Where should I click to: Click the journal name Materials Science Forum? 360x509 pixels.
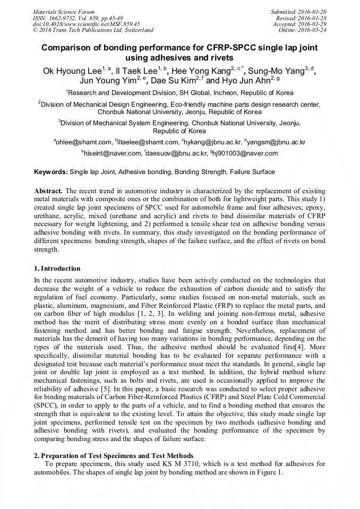point(64,11)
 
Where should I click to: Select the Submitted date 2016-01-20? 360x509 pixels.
point(313,11)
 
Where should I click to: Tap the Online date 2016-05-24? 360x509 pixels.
point(313,30)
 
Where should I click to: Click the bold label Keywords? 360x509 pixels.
point(51,172)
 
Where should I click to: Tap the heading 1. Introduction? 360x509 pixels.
point(57,269)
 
